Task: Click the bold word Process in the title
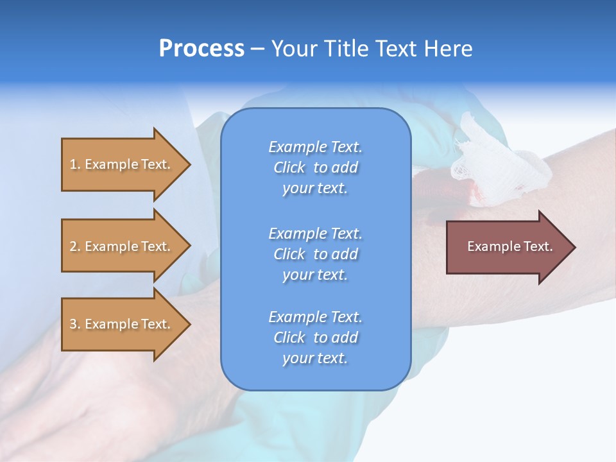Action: tap(201, 49)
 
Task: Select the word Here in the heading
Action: tap(447, 49)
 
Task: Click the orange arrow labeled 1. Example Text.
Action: tap(122, 164)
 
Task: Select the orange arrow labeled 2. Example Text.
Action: tap(122, 246)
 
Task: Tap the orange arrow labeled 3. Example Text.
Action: tap(122, 324)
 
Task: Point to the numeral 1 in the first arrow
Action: tap(73, 164)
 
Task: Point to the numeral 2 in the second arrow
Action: tap(73, 246)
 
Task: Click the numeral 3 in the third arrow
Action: tap(73, 324)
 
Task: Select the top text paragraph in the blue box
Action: tap(315, 167)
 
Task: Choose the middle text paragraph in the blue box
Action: tap(315, 254)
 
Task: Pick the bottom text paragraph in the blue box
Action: tap(315, 338)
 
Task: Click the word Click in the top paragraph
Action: tap(289, 167)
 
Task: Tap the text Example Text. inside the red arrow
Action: tap(509, 246)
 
